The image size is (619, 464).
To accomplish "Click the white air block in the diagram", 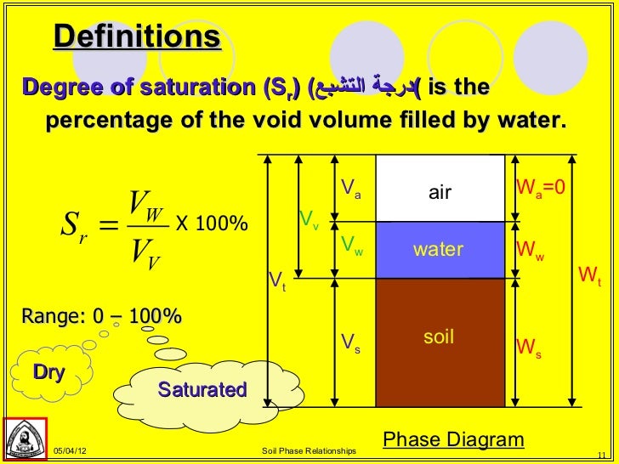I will point(440,192).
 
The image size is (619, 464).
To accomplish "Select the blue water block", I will point(440,250).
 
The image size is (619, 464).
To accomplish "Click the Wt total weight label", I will point(589,275).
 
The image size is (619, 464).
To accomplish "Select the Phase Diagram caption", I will point(453,439).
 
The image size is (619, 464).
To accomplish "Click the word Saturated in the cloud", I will point(202,390).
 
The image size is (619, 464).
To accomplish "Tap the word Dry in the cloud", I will point(49,372).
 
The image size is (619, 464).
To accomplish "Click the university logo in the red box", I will point(26,440).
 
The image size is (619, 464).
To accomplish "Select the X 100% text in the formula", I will point(211,224).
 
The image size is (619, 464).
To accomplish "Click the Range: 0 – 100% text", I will point(102,317).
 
